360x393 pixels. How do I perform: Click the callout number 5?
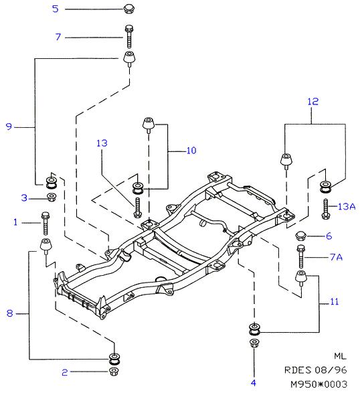(56, 9)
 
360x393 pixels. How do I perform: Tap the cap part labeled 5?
(129, 9)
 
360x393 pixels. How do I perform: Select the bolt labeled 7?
(129, 36)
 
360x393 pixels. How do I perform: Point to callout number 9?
(9, 127)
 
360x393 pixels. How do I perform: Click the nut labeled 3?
(52, 197)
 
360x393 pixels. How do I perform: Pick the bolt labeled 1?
(45, 223)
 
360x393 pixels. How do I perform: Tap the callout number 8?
(9, 313)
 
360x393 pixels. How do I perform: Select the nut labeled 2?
(114, 371)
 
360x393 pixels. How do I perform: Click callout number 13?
(102, 143)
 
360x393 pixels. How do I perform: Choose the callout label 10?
(191, 151)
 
